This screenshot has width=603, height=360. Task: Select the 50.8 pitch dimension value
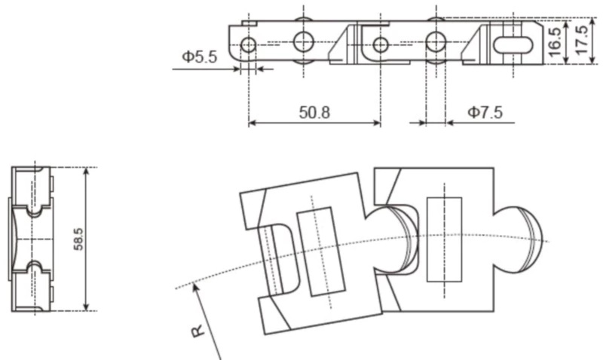[x=314, y=113]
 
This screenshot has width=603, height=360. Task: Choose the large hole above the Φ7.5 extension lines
[x=436, y=41]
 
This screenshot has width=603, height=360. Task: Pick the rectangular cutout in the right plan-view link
[x=444, y=239]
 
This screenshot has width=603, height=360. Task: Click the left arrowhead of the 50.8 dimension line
[x=253, y=123]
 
